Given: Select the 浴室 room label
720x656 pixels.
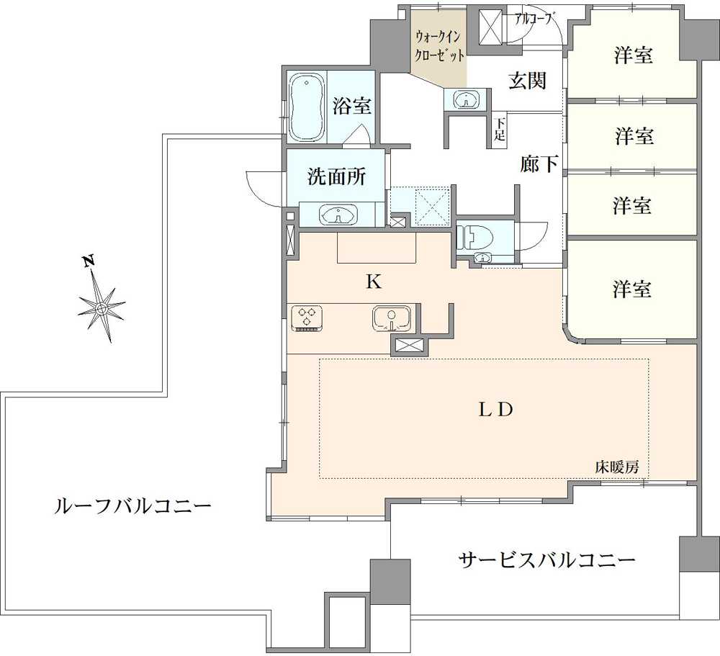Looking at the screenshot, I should (351, 107).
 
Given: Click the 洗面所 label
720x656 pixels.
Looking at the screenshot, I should (336, 178).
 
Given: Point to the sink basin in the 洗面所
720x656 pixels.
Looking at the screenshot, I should (338, 215).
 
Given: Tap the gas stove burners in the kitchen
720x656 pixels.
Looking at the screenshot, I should (309, 318).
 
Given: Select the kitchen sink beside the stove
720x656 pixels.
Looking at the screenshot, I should (391, 317).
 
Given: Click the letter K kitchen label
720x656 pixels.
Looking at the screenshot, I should (373, 282).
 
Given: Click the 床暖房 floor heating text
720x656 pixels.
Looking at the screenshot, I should (616, 467).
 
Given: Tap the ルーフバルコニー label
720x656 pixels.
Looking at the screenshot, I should (133, 506).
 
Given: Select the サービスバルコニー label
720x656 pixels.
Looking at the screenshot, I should (547, 560).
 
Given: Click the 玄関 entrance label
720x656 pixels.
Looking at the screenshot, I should (527, 81).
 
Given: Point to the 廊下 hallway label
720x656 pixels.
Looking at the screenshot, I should (539, 165).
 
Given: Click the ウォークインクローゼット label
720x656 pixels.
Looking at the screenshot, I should (437, 45).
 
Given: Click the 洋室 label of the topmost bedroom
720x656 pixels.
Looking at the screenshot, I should (634, 55).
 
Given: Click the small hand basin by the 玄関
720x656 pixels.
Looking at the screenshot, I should (467, 100).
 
